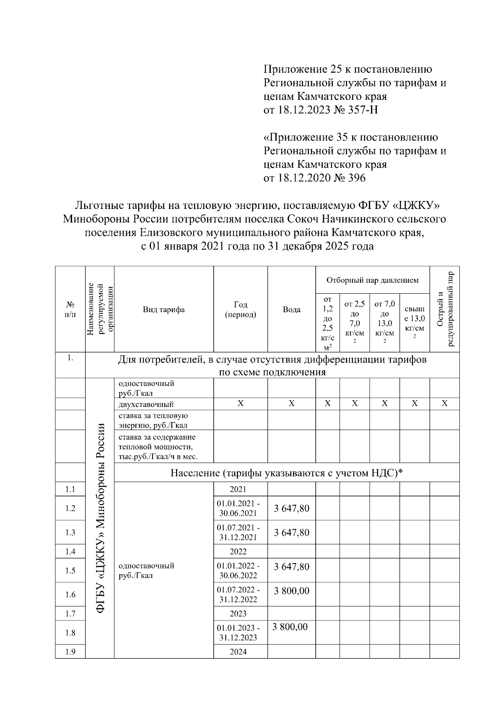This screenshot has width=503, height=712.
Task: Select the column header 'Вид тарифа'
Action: pos(163,310)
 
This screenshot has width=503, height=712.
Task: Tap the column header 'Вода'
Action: pos(291,310)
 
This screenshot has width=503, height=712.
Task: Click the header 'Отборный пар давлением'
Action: pos(372,280)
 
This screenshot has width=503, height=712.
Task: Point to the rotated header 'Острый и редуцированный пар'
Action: pos(444,309)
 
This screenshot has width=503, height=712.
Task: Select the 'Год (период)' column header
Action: pos(240,309)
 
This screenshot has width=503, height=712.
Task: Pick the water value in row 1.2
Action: pos(291,509)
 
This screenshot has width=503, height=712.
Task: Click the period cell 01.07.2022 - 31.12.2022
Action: pos(238,595)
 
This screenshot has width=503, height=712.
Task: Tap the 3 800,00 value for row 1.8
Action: pos(290,627)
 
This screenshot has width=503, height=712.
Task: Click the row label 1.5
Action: pos(70,571)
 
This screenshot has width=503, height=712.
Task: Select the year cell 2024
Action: pos(238,652)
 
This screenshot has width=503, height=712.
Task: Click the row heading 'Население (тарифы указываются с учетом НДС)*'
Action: pos(286,473)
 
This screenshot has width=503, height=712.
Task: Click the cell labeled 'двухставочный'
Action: pos(146,404)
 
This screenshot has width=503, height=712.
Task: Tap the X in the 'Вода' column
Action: pos(291,404)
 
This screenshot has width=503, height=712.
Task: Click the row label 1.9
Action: pos(70,652)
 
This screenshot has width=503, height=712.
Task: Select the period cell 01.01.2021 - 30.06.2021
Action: pos(238,509)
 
